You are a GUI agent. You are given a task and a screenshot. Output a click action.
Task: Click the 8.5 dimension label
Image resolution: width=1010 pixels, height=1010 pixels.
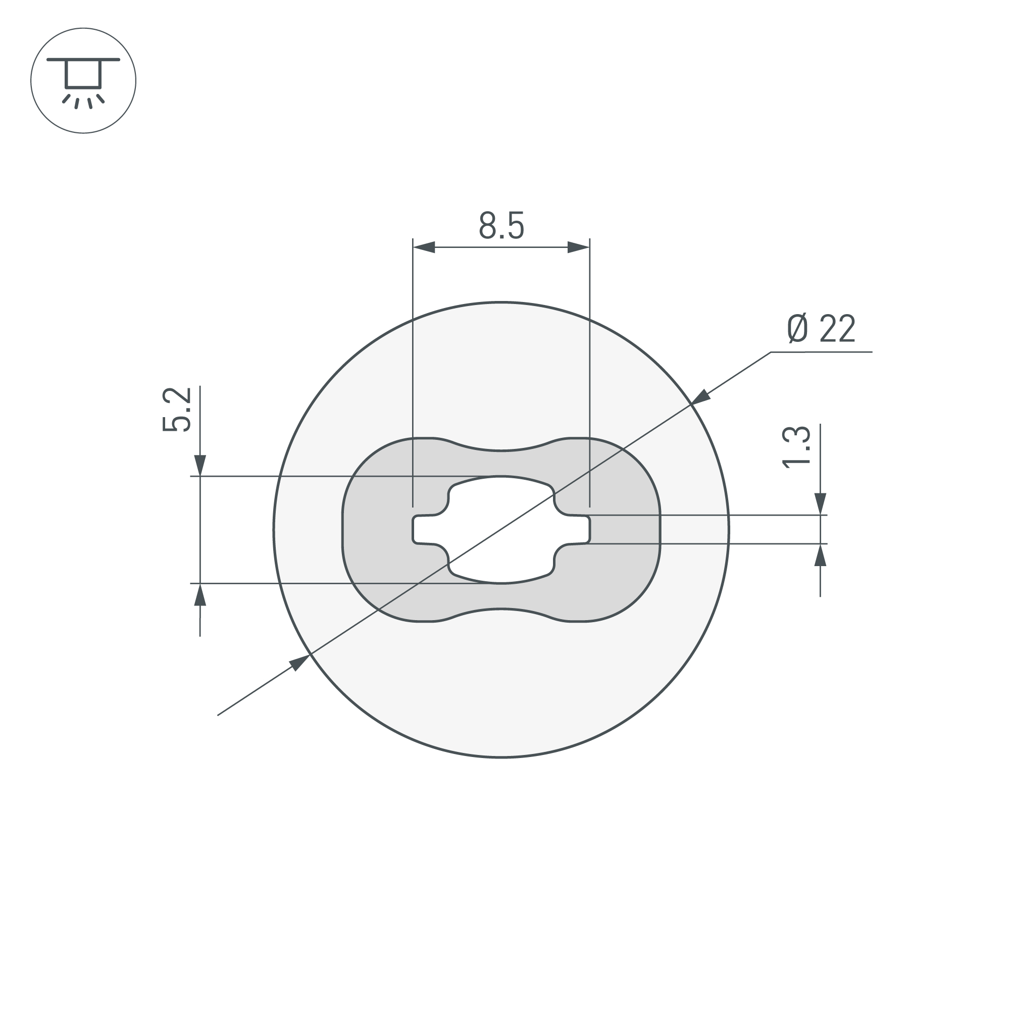501,226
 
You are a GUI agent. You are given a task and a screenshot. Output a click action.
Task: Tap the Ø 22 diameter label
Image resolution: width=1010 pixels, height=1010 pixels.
821,329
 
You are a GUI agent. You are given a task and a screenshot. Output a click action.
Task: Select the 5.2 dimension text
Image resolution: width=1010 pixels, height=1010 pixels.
177,410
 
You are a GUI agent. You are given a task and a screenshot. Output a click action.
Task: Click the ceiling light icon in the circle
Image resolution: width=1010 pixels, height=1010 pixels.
83,80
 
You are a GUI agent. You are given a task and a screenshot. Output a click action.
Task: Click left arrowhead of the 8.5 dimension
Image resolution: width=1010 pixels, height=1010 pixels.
425,247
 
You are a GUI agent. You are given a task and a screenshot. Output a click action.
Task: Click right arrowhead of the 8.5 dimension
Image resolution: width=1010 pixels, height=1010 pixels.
578,247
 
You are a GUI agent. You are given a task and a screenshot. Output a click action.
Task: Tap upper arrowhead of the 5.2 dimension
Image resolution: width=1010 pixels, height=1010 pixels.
200,465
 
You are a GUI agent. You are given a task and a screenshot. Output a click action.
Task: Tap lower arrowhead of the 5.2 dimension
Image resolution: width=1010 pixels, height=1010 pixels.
200,595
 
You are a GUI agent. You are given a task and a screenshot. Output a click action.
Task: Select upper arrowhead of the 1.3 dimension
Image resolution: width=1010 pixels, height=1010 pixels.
820,503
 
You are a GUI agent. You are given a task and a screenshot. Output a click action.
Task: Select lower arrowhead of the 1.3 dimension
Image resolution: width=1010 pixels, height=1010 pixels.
820,555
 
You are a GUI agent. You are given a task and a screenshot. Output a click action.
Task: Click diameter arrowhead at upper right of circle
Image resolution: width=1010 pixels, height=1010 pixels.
700,397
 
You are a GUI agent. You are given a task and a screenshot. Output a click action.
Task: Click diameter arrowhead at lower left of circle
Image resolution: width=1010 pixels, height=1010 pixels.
300,663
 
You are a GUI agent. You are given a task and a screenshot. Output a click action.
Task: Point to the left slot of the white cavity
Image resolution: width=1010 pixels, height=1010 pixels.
422,530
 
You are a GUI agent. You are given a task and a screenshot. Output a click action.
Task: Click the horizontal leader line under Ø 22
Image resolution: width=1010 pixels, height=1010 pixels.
821,352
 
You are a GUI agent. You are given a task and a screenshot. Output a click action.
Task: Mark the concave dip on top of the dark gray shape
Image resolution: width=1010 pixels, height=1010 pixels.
501,450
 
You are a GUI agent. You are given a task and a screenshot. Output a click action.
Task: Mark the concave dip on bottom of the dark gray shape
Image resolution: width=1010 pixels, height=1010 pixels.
501,609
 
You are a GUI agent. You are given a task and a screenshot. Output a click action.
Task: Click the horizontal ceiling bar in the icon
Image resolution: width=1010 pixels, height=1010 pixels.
83,60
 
